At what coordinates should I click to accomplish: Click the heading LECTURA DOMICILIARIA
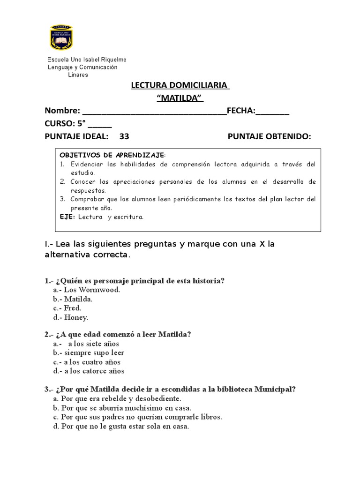180,86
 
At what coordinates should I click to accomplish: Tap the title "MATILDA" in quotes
180,98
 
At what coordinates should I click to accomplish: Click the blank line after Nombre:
154,112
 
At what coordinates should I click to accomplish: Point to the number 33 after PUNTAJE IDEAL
124,136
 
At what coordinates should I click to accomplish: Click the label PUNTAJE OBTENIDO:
269,136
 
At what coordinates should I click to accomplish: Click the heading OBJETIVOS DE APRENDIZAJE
112,155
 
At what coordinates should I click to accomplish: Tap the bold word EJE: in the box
67,217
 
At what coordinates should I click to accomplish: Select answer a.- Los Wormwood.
87,290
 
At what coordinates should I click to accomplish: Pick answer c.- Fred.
67,308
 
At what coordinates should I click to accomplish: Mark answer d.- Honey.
71,317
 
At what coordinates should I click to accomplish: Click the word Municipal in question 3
275,389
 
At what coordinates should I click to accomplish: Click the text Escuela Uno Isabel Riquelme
87,60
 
